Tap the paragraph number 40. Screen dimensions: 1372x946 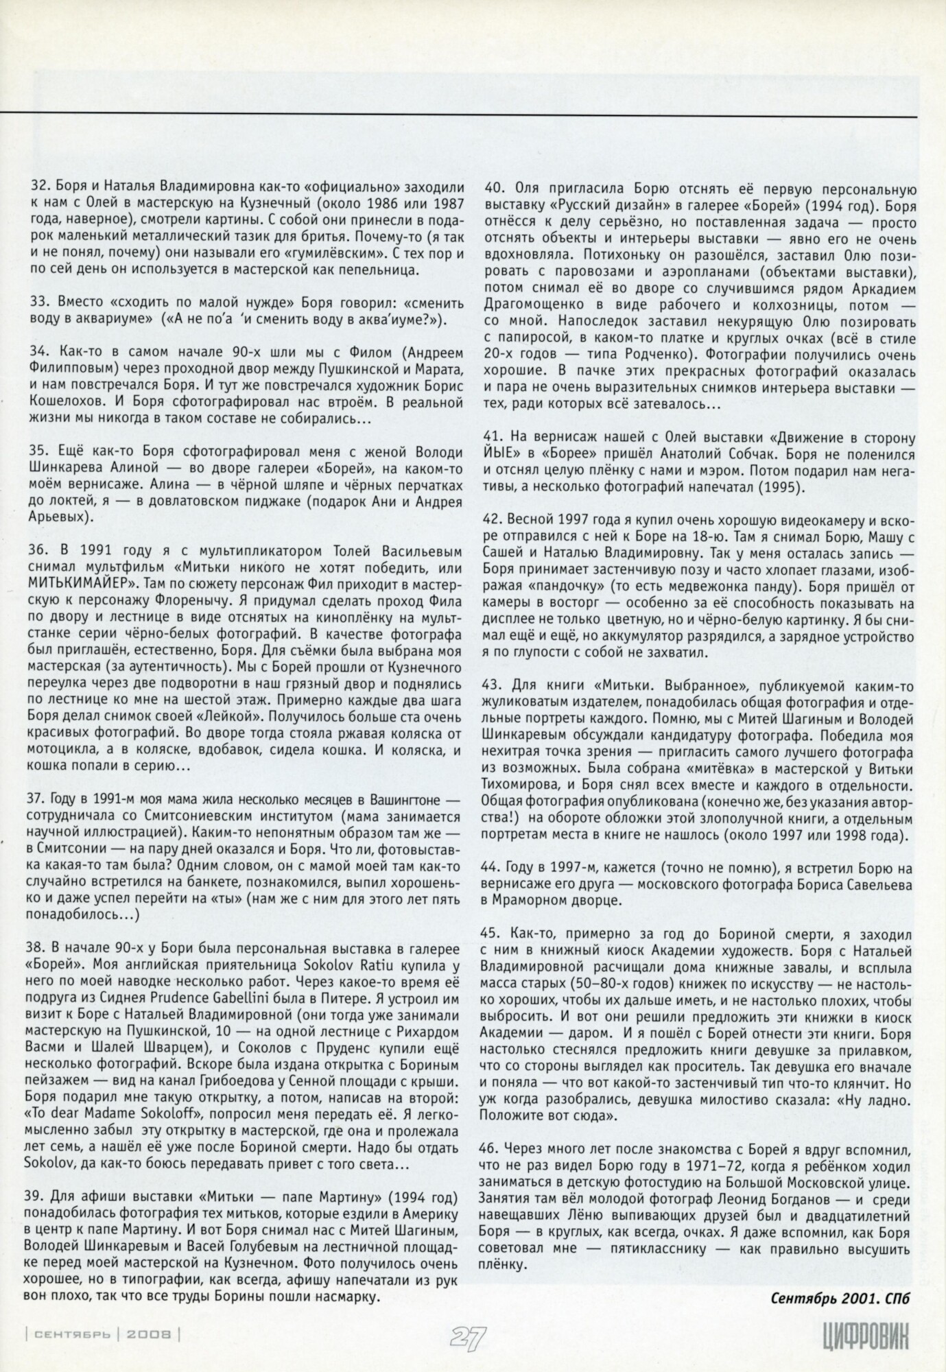[x=495, y=187]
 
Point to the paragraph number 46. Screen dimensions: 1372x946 [x=495, y=1147]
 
